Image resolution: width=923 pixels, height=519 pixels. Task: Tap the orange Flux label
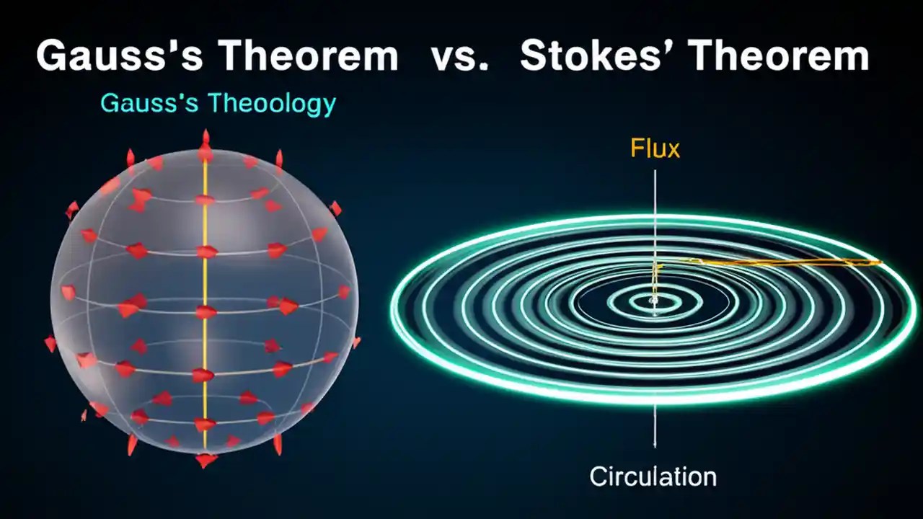[655, 149]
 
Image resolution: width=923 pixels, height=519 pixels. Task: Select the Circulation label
[653, 476]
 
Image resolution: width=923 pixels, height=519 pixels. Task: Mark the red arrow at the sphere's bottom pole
[206, 459]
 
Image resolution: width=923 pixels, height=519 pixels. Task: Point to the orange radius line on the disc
[779, 262]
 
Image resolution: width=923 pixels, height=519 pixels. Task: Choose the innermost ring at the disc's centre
[655, 302]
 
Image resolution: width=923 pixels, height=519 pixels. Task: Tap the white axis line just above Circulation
[655, 429]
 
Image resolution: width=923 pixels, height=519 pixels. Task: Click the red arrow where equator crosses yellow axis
[206, 312]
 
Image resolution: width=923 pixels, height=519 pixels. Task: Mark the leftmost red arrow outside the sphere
[50, 344]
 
